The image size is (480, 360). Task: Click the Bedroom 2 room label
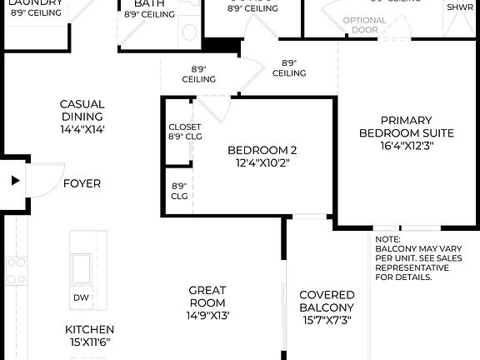262,151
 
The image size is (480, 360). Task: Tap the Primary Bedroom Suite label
407,127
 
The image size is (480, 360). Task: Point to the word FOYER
82,183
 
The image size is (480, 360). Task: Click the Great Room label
207,297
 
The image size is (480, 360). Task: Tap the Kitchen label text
90,329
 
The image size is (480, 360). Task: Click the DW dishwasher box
81,297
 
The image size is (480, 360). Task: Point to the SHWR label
460,7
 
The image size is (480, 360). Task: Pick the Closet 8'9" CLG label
179,132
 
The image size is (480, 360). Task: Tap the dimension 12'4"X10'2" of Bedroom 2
262,163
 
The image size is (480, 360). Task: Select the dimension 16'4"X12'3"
407,145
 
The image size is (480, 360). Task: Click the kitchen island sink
82,268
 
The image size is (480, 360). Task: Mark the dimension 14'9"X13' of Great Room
207,316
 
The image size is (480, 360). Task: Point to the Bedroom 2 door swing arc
213,111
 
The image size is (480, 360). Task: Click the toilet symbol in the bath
189,32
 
